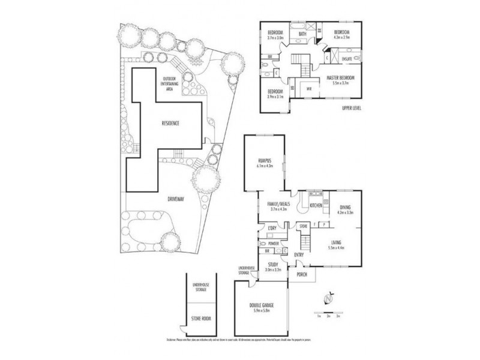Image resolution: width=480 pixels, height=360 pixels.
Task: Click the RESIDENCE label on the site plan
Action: [170, 123]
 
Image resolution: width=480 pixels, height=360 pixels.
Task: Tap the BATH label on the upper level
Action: [302, 34]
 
